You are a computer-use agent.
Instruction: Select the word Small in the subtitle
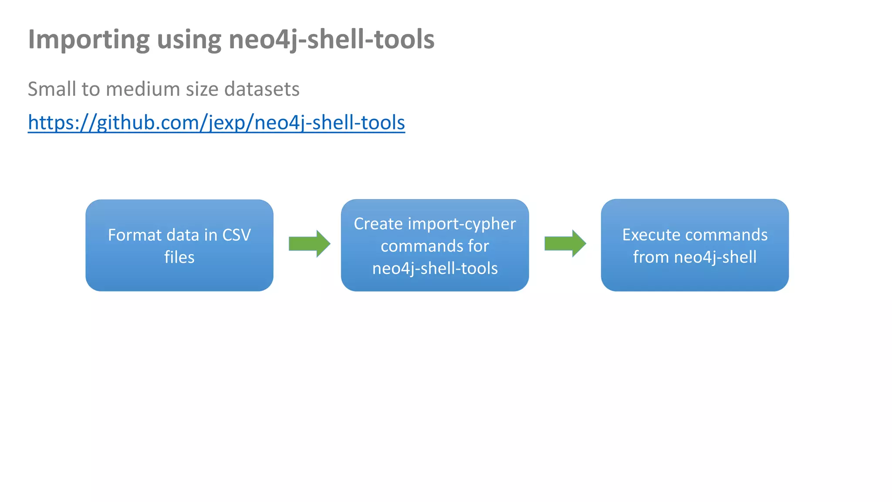[x=52, y=89]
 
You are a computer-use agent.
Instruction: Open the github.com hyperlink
[x=216, y=122]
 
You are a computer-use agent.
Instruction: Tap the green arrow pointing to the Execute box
[x=565, y=244]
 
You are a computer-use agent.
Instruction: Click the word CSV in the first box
[x=237, y=235]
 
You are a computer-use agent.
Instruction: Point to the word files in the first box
[x=179, y=258]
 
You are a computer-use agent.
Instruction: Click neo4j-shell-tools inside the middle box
[x=435, y=268]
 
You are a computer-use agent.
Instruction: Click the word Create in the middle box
[x=378, y=224]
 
